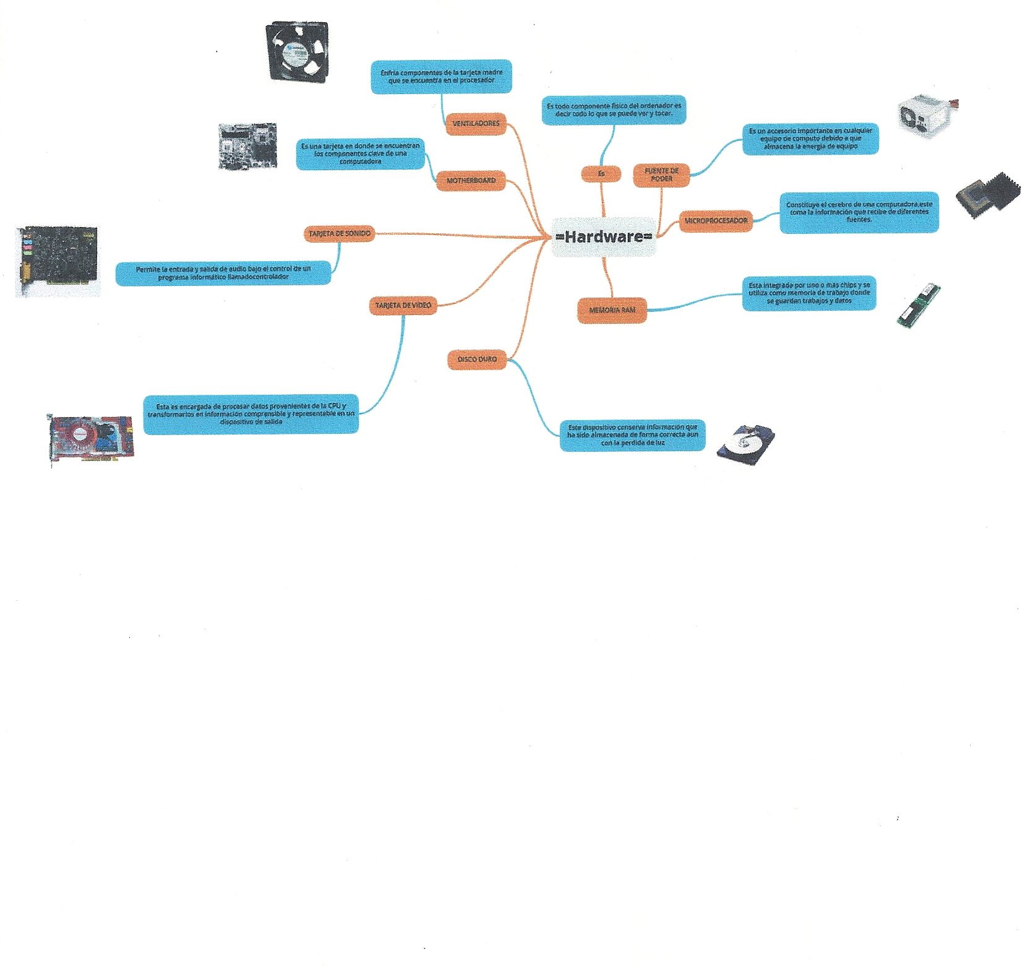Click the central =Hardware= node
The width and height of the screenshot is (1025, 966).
604,236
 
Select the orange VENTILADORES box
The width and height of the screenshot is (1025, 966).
476,124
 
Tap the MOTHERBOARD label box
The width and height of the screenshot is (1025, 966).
471,181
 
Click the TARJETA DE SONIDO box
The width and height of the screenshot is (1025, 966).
340,234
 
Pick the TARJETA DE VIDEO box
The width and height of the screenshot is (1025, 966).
403,306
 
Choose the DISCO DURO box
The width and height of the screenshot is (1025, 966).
477,360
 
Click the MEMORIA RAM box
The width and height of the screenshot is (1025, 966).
612,310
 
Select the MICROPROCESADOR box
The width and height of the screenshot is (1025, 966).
716,221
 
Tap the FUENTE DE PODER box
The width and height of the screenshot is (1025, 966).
661,175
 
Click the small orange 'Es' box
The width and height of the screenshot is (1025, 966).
601,175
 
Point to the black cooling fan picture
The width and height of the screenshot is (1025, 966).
297,52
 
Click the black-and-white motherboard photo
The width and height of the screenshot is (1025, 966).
247,146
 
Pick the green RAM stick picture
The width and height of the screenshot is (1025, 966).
919,306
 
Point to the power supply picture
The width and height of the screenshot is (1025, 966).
925,116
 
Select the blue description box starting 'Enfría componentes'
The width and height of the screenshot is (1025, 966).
441,77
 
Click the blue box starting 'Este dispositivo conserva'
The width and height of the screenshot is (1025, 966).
632,435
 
